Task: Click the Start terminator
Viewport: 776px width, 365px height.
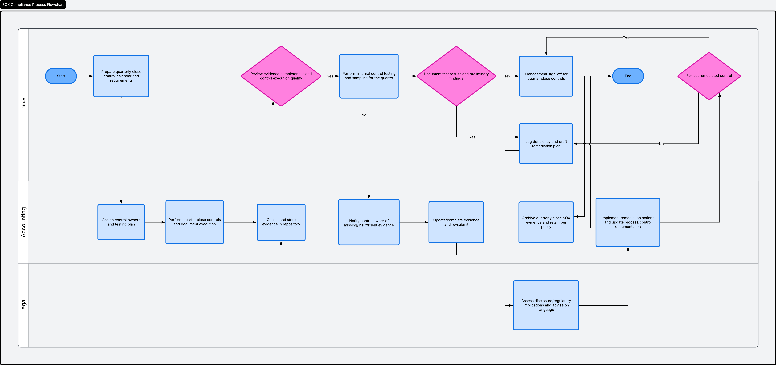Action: tap(61, 76)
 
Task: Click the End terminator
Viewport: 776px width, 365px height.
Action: tap(628, 76)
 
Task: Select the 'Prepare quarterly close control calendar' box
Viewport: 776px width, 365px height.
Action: tap(121, 76)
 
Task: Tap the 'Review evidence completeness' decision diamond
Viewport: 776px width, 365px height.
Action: tap(281, 76)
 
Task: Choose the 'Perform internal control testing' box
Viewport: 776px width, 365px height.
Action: tap(369, 76)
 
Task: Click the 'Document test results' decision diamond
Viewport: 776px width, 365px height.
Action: tap(456, 76)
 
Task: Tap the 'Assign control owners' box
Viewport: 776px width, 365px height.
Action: tap(121, 222)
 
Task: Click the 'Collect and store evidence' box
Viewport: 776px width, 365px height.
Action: tap(281, 222)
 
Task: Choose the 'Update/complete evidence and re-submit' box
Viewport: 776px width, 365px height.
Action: tap(456, 222)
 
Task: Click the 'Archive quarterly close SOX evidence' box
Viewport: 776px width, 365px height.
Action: tap(546, 222)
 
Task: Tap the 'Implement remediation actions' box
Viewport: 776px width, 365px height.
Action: tap(628, 222)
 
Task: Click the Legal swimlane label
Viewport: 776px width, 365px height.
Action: tap(23, 305)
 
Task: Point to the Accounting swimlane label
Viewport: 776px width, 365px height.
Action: tap(23, 222)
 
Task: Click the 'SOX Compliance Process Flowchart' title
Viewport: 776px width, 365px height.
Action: tap(33, 5)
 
